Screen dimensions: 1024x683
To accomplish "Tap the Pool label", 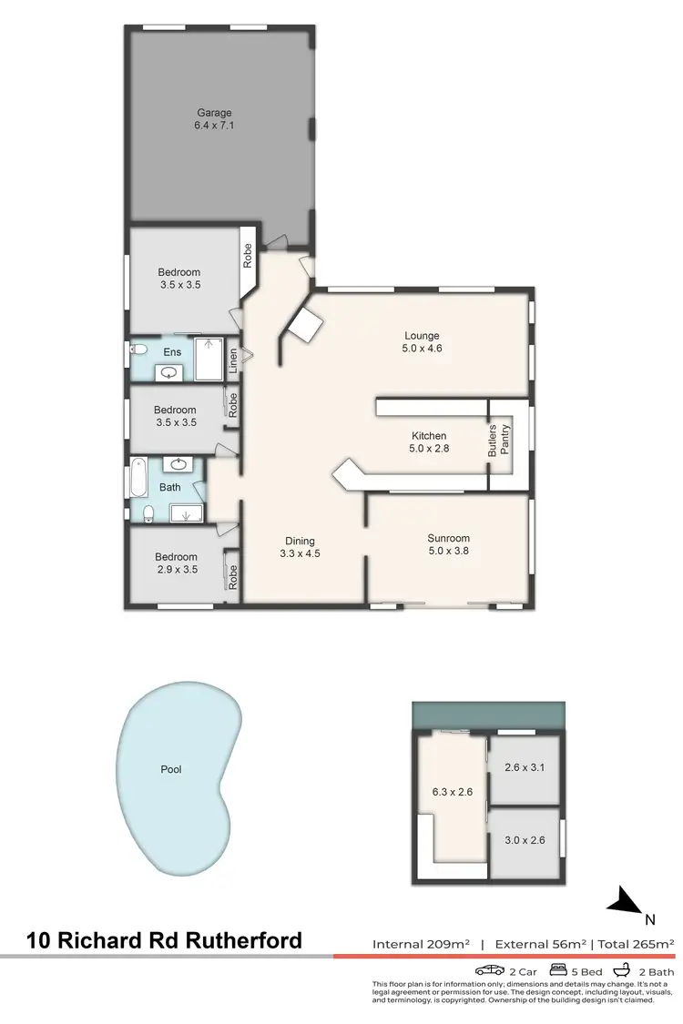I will (171, 769).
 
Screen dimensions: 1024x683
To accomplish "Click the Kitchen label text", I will (428, 436).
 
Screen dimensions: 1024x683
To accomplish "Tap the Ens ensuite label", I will (172, 352).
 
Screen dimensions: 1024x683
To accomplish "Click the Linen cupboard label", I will (234, 360).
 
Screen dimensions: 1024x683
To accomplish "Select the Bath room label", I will (170, 488).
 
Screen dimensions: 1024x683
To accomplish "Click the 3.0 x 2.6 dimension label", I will (525, 840).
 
